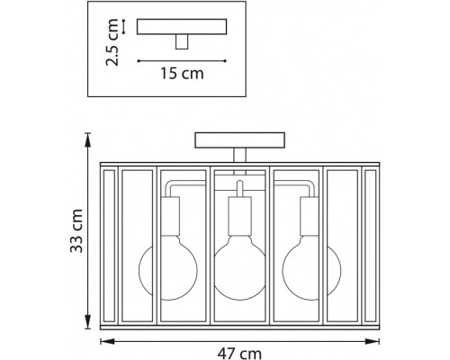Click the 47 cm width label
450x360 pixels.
click(239, 354)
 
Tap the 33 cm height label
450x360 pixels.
click(76, 230)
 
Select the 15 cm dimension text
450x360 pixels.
click(182, 74)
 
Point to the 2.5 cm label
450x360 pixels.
click(112, 42)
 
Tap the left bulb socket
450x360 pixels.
click(170, 216)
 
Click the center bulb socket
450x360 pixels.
click(239, 216)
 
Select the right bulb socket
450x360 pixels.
click(310, 216)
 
